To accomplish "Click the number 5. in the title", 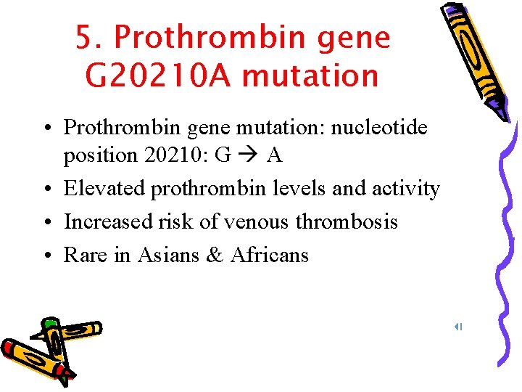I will (91, 38).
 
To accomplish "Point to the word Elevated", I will (104, 189).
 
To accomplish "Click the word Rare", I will (83, 255).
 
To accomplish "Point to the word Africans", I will (269, 255).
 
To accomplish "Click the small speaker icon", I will (458, 327).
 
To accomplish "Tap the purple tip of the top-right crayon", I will (500, 109).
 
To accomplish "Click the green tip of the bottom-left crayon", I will (49, 323).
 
